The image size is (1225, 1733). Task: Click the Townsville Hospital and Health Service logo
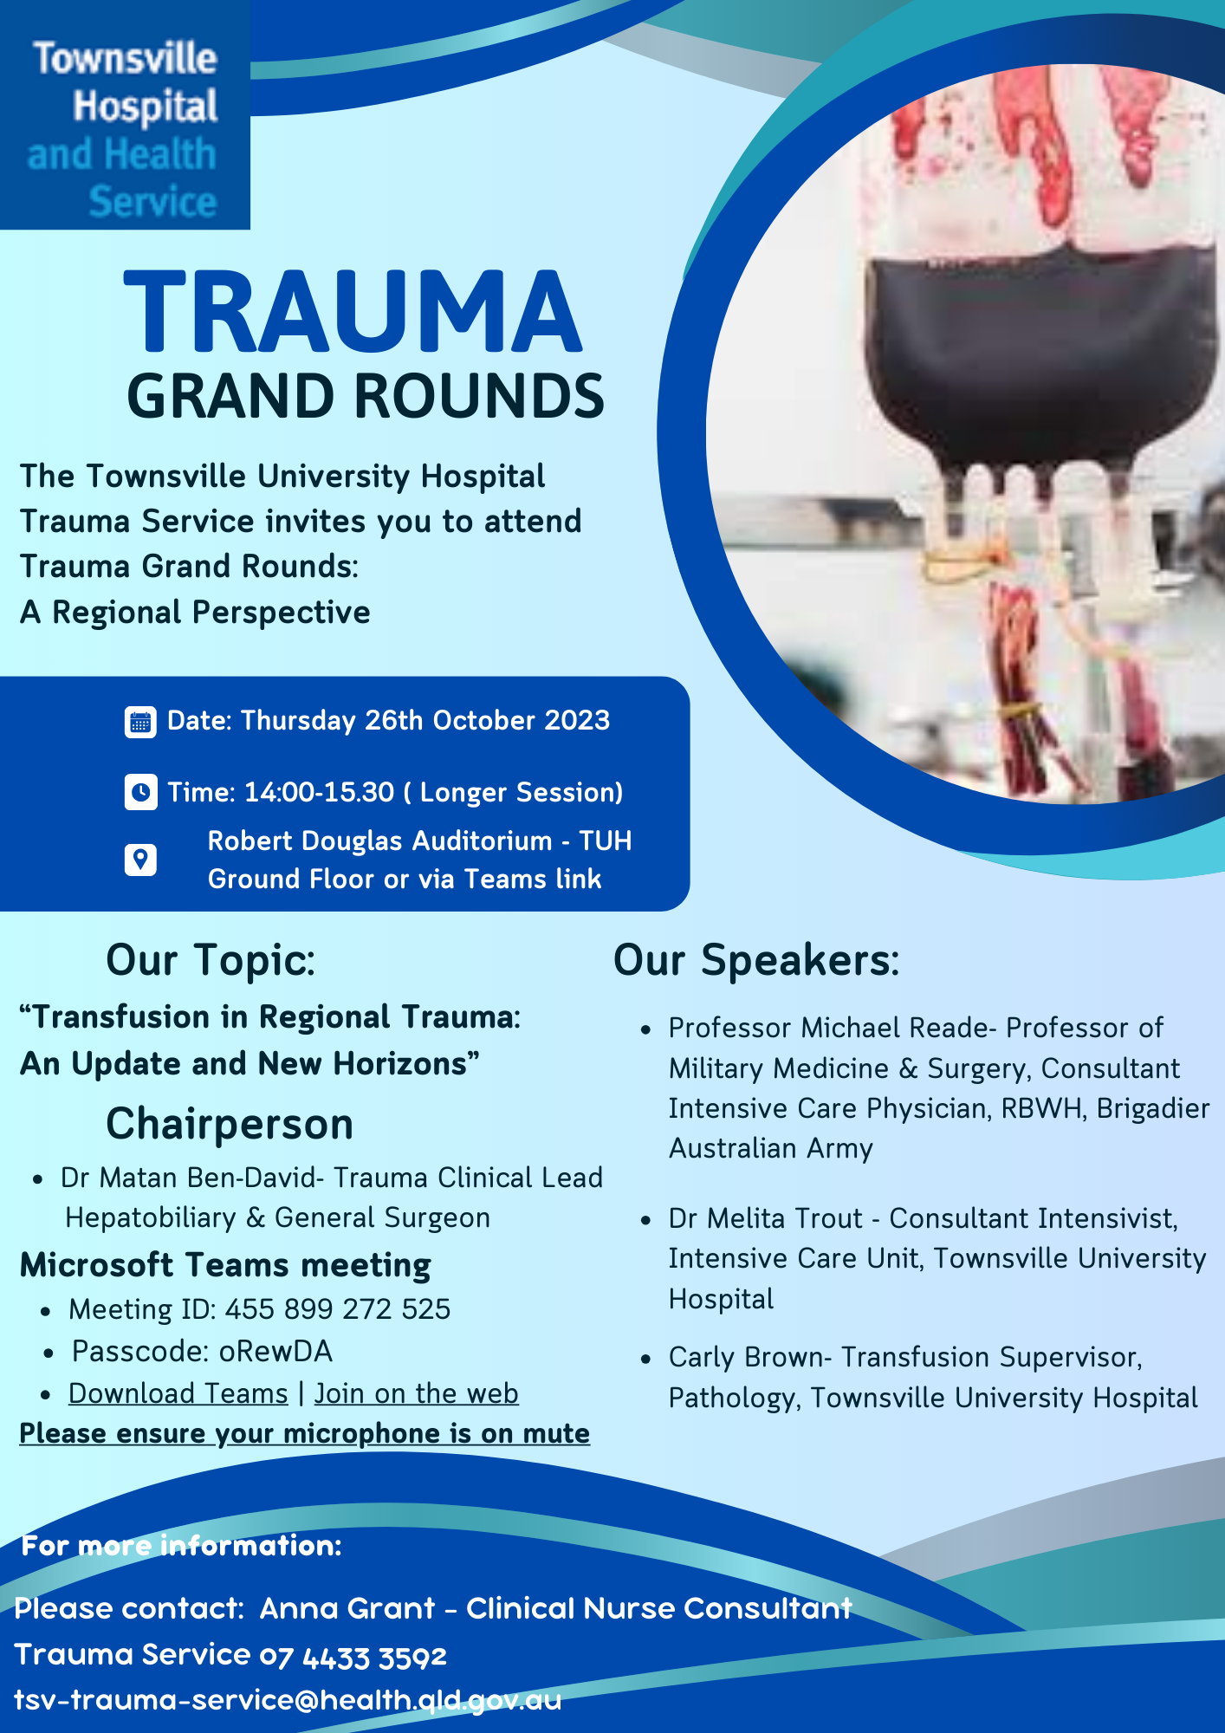(125, 114)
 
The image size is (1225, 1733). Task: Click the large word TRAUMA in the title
(353, 314)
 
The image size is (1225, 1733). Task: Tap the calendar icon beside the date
(140, 722)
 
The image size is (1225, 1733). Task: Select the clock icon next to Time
(140, 792)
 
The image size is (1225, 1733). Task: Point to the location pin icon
(140, 860)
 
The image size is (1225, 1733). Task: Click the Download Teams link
(178, 1393)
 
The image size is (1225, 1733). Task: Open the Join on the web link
(416, 1393)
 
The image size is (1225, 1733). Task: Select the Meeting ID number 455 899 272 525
(338, 1309)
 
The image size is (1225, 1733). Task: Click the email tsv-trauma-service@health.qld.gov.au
(288, 1700)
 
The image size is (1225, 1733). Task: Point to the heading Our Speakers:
(756, 961)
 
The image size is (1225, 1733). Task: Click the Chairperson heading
(230, 1125)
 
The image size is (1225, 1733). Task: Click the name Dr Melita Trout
(766, 1219)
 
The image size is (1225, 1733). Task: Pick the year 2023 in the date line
(577, 721)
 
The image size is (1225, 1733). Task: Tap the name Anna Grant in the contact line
(347, 1609)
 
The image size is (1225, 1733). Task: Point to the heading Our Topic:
(211, 961)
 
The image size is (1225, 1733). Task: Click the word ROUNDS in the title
(478, 397)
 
